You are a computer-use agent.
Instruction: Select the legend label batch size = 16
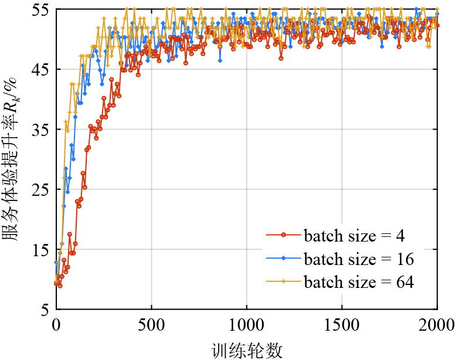358,259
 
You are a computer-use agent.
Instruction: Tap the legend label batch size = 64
358,281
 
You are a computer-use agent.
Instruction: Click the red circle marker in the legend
284,236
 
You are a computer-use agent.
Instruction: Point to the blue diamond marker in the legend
284,259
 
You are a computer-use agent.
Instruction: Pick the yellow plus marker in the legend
284,281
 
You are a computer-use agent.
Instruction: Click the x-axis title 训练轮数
247,350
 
